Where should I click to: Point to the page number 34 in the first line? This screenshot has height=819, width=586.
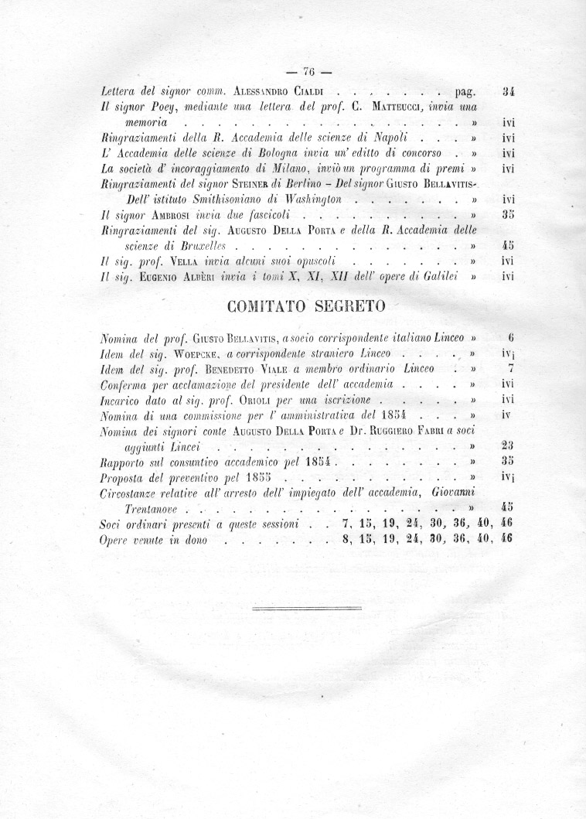[x=508, y=92]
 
